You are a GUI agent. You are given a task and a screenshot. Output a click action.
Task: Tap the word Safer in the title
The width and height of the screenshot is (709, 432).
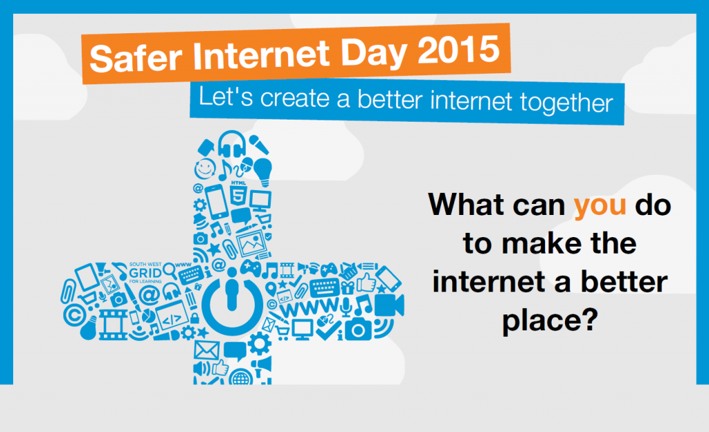click(x=136, y=57)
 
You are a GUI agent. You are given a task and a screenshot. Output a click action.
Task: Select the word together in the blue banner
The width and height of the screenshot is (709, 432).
click(x=566, y=102)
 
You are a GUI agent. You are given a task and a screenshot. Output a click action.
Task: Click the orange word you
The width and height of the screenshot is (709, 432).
click(x=600, y=206)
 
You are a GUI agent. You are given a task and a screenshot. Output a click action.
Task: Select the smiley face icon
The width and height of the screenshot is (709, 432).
click(x=205, y=169)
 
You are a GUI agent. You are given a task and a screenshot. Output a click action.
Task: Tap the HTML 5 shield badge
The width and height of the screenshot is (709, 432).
click(x=238, y=194)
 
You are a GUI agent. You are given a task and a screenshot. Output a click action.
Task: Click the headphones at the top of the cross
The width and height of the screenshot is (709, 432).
click(x=232, y=144)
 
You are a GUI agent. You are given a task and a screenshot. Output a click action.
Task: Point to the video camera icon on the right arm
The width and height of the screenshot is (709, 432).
click(x=389, y=306)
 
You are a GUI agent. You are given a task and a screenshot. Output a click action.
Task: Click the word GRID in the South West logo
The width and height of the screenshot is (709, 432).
click(x=145, y=273)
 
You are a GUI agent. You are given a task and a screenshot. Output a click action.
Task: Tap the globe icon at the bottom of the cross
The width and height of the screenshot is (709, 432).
click(x=240, y=377)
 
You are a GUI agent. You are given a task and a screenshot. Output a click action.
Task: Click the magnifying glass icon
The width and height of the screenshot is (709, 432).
click(x=170, y=270)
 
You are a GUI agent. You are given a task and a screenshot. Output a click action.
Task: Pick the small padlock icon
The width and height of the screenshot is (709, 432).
click(x=195, y=317)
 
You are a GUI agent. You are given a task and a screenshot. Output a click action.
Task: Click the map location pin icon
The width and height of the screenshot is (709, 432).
click(x=271, y=288)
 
